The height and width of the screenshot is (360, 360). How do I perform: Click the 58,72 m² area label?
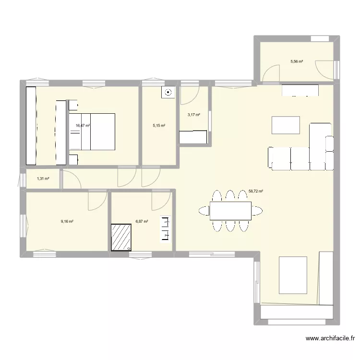click(x=256, y=191)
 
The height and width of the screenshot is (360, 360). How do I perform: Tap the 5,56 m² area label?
click(x=297, y=61)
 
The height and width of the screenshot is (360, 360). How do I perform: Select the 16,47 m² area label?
click(x=83, y=126)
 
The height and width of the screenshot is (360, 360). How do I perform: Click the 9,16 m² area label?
click(x=67, y=221)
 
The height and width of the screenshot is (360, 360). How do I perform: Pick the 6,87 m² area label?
click(x=142, y=221)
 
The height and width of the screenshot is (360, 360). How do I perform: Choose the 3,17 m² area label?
click(x=193, y=115)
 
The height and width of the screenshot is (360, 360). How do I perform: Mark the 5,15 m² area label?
click(x=159, y=126)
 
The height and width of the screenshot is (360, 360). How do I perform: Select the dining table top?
click(x=230, y=210)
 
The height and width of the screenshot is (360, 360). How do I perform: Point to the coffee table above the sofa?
click(x=286, y=125)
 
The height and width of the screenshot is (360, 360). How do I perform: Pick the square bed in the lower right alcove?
click(x=293, y=275)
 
